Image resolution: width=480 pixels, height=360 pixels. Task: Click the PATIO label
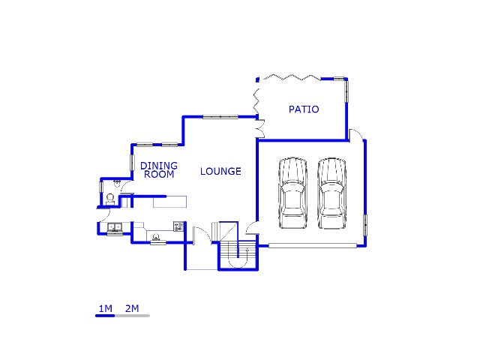[304, 109]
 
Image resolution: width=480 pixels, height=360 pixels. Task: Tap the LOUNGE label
[220, 172]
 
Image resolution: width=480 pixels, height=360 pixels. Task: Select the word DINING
[159, 166]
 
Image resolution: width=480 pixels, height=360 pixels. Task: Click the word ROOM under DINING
[159, 175]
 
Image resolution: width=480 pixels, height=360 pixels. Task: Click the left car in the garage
[292, 193]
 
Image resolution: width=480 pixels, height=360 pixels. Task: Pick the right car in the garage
[331, 193]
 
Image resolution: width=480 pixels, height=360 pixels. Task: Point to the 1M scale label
[105, 308]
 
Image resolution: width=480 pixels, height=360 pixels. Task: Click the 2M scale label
[132, 308]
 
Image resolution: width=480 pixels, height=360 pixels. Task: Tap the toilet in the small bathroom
[110, 199]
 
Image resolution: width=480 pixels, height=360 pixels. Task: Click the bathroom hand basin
[117, 182]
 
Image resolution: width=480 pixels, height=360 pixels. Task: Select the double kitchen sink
[115, 227]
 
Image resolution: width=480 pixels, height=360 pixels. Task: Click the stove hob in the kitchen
[178, 225]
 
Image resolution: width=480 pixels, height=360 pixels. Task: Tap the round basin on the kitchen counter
[156, 238]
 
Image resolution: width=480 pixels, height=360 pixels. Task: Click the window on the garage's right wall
[366, 225]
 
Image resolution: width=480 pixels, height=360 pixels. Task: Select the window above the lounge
[220, 116]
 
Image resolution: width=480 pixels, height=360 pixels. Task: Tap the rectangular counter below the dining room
[169, 201]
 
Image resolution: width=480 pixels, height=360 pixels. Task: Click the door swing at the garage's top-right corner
[358, 134]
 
